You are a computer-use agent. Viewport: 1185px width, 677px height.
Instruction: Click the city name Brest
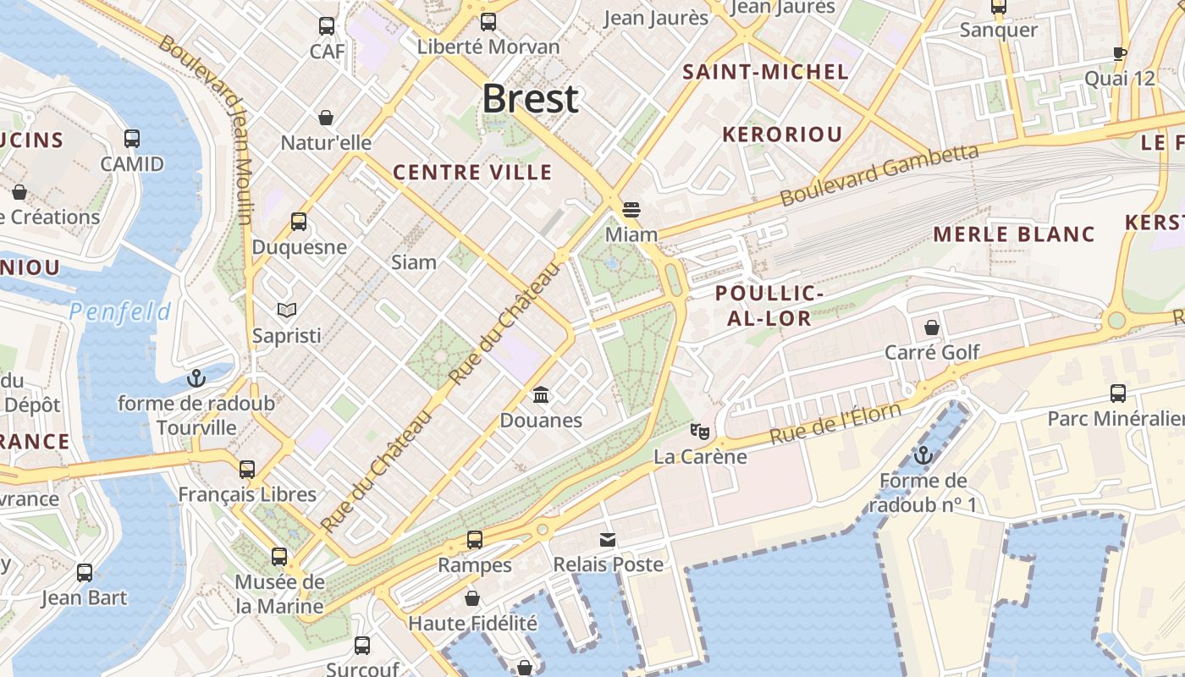point(531,99)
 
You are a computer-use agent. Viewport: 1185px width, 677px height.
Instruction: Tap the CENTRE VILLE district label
point(472,173)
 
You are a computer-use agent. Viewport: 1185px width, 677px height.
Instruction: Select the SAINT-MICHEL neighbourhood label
point(765,72)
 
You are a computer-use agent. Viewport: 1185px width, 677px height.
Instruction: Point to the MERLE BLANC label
point(1014,234)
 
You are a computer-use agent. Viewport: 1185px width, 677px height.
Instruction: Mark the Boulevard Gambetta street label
point(879,175)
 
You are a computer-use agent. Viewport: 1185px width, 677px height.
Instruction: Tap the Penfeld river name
point(120,312)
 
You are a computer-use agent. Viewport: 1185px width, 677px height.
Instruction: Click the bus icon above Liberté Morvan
point(488,22)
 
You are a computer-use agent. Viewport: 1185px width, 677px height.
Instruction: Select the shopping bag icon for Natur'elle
point(326,118)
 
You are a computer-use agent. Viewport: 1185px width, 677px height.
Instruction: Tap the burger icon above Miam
point(631,209)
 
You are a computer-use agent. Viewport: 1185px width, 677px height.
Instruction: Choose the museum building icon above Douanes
point(541,394)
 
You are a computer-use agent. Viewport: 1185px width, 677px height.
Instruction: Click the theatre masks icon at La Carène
point(699,432)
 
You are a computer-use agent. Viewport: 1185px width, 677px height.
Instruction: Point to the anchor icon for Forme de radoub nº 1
point(923,455)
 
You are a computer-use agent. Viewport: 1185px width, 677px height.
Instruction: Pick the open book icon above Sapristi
point(287,311)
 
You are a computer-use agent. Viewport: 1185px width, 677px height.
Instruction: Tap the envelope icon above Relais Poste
point(608,539)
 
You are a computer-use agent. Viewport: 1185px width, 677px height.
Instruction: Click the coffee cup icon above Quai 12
point(1120,53)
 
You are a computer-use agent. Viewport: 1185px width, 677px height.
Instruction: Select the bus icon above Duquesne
point(299,222)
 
